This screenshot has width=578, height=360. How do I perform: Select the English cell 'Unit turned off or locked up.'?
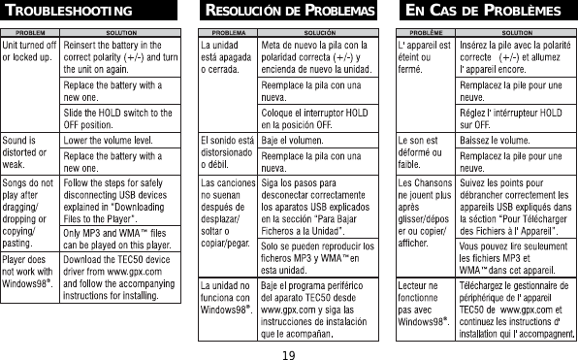29,51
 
